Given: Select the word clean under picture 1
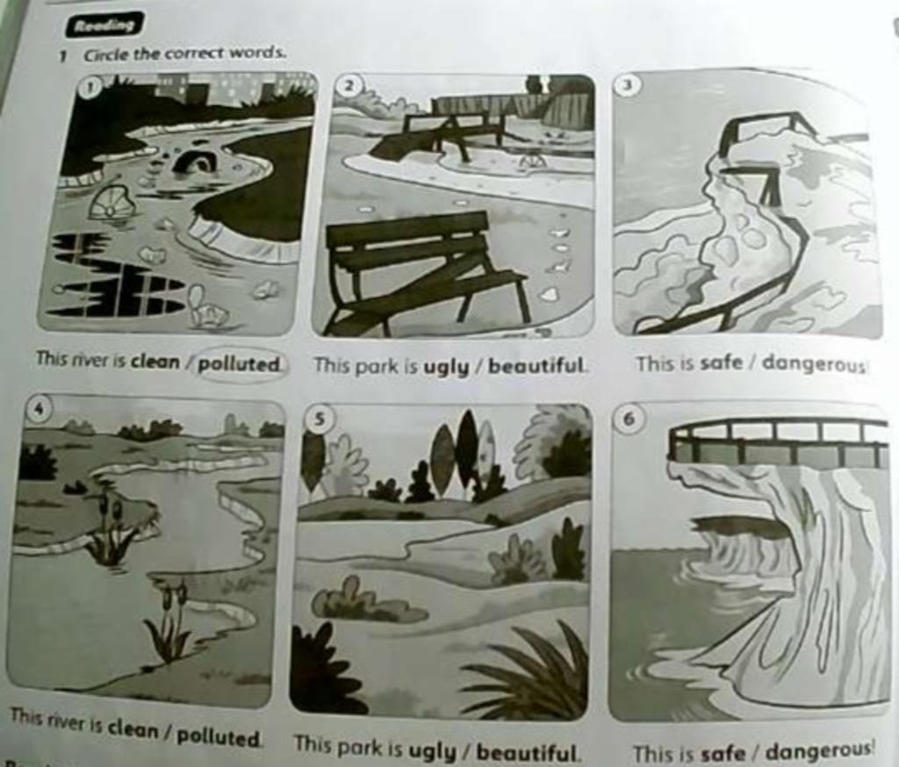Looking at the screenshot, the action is coord(155,362).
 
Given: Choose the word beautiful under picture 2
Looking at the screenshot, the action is coord(536,366).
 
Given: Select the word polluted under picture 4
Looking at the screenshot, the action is coord(218,736).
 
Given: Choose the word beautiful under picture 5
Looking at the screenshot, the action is coord(527,751).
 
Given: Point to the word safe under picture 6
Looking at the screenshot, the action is coord(723,753).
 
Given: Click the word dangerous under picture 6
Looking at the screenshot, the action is coord(819,750).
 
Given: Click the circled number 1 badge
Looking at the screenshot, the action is coord(90,87).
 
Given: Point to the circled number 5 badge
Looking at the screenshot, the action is coord(320,419).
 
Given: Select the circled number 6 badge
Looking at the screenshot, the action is coord(629,418).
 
